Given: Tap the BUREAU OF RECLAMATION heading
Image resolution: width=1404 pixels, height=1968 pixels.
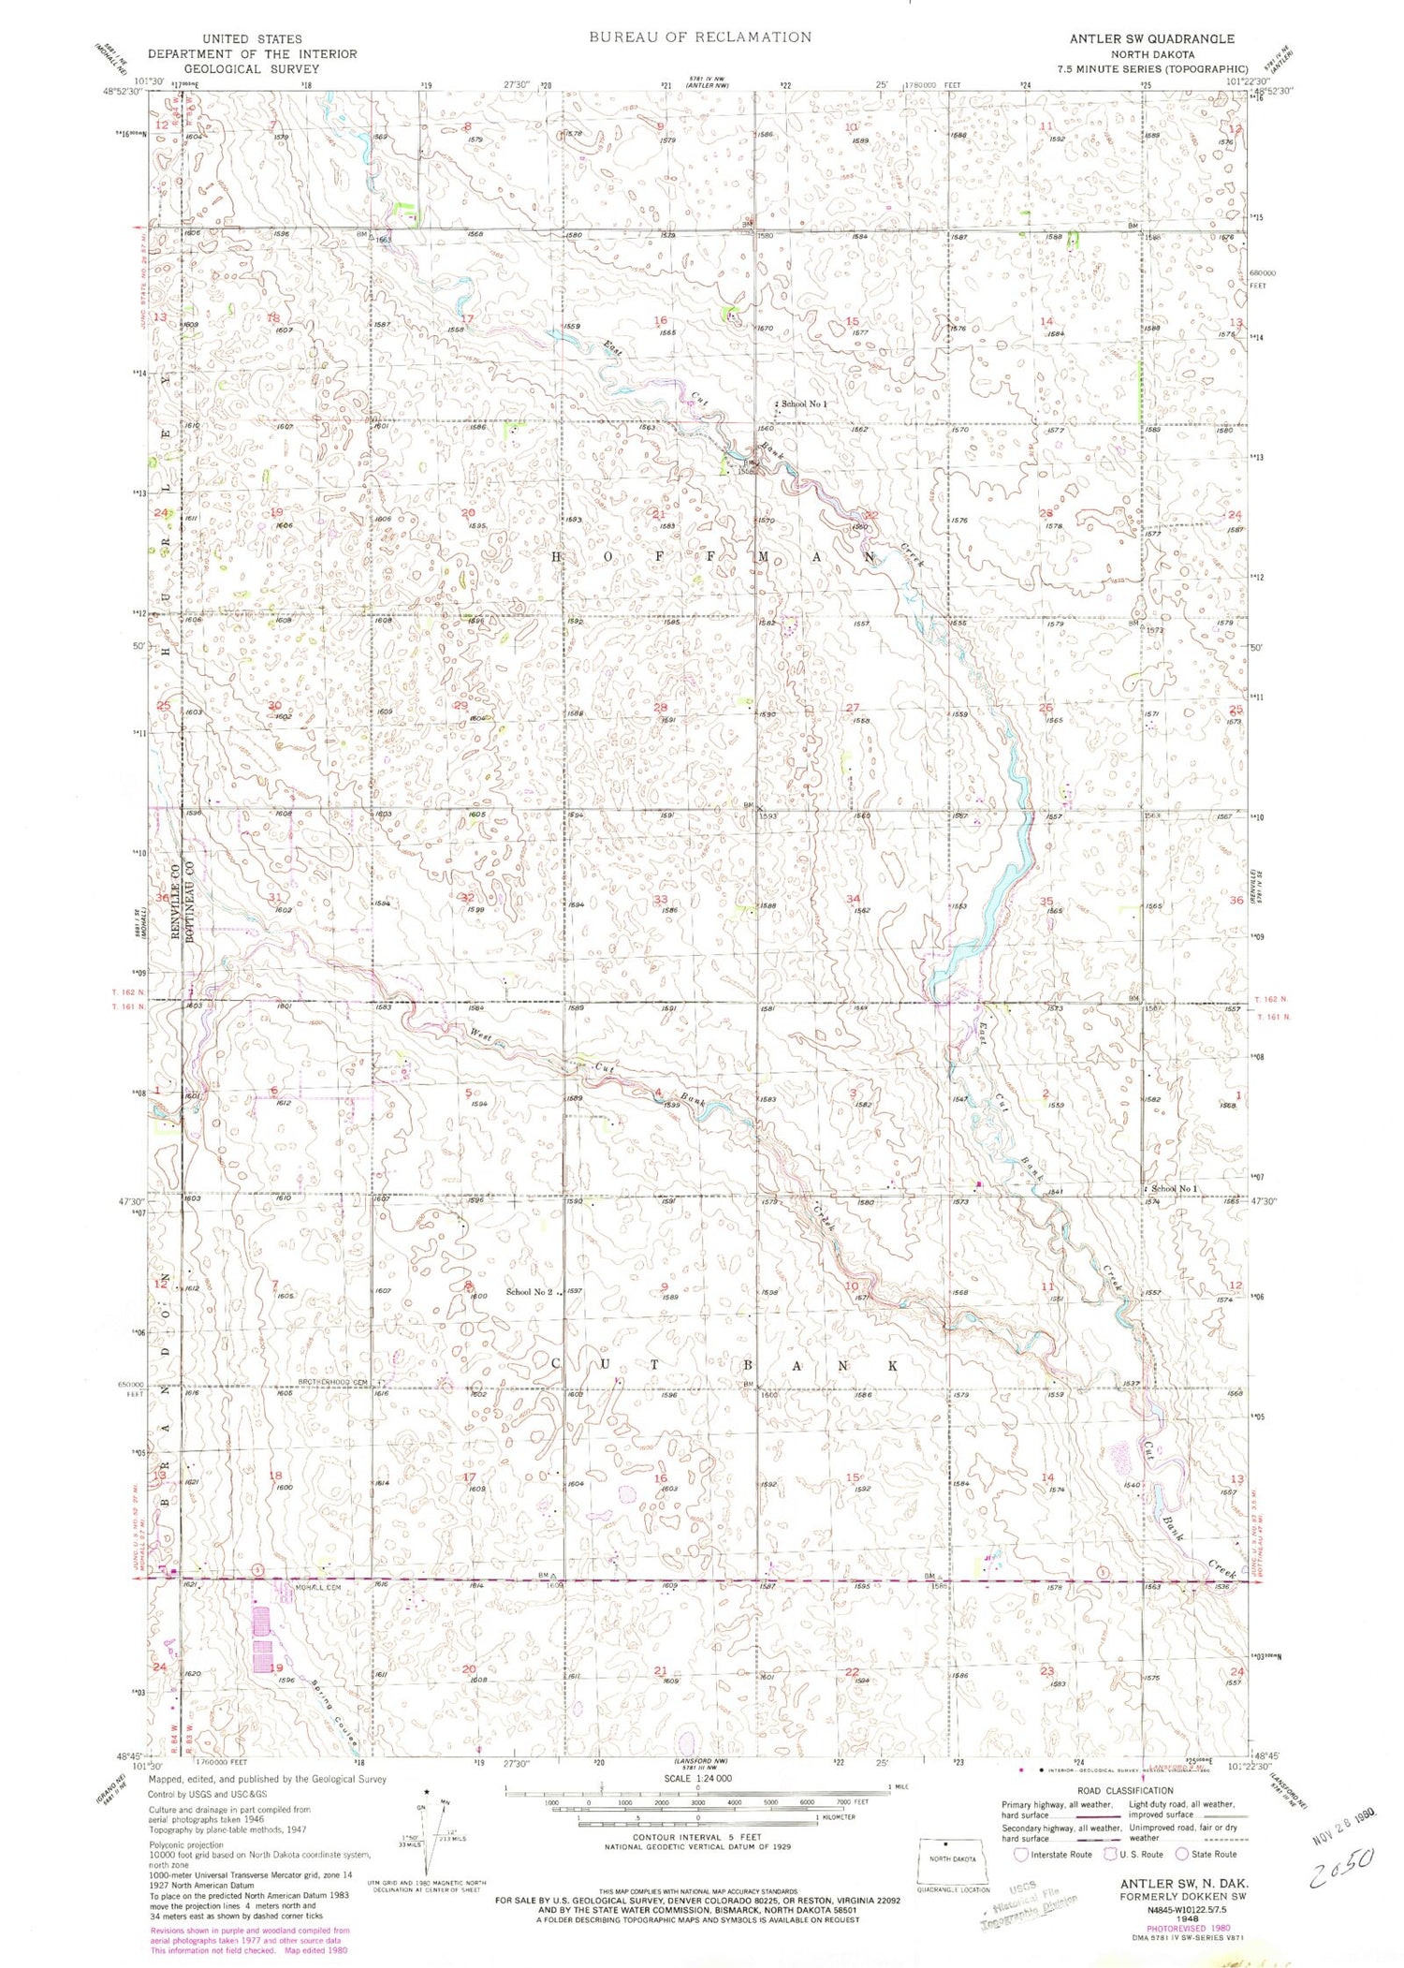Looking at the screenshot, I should [x=700, y=37].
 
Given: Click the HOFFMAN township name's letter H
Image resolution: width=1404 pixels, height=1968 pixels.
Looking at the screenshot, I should [x=556, y=556].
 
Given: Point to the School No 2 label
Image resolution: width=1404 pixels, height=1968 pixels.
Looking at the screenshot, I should [x=530, y=1292].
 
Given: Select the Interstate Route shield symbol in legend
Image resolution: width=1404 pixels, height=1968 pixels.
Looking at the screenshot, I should [x=1022, y=1854].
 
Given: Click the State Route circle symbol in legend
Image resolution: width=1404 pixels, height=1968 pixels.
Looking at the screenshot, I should [x=1182, y=1854].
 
